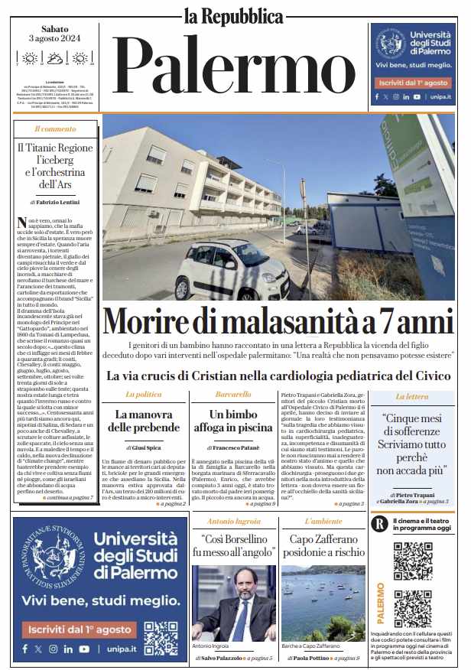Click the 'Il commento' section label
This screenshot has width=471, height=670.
(54, 129)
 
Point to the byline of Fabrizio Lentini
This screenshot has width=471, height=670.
(54, 202)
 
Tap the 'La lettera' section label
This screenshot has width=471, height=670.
(412, 396)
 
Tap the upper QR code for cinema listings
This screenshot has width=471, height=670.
(413, 560)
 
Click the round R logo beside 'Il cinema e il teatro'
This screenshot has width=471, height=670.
(378, 525)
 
